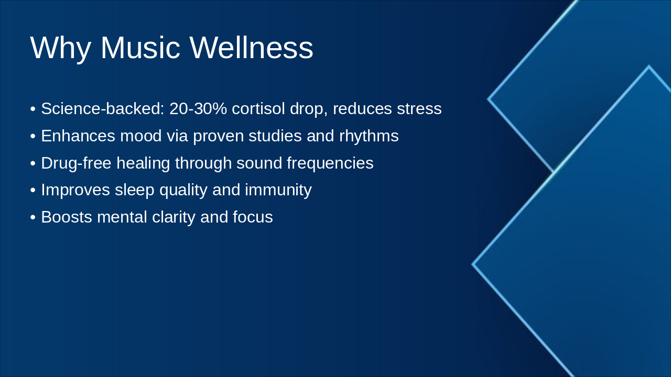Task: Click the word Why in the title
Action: [x=60, y=48]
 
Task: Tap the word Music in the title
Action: [x=140, y=48]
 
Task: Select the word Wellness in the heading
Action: [x=251, y=48]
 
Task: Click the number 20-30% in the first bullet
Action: [x=198, y=108]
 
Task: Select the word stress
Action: [x=419, y=109]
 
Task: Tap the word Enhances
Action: [x=78, y=136]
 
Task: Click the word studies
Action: [x=275, y=136]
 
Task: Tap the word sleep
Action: [x=135, y=191]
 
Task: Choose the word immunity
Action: [x=278, y=191]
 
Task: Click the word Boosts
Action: [x=67, y=217]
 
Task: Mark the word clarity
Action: [x=174, y=217]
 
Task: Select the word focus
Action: [x=253, y=217]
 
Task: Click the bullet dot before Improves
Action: [x=33, y=190]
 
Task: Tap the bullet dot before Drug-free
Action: [x=33, y=163]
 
